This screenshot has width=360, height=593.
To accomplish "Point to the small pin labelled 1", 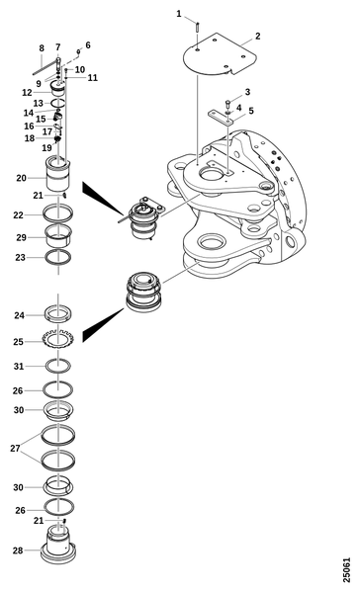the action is click(198, 28).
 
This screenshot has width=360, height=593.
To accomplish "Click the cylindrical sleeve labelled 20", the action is click(58, 174).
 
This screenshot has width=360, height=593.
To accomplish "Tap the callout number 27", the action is click(15, 449).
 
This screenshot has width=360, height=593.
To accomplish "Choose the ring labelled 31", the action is click(58, 366).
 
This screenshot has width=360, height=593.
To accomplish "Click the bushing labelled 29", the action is click(58, 236).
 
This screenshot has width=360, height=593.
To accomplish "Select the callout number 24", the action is click(20, 315).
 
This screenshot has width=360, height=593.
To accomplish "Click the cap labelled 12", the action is click(58, 90).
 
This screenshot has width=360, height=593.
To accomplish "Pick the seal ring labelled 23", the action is click(58, 257).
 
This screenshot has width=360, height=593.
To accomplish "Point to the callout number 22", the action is click(18, 214).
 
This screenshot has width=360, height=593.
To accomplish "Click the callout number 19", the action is click(46, 147).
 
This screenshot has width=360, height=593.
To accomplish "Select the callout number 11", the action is click(93, 77).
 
